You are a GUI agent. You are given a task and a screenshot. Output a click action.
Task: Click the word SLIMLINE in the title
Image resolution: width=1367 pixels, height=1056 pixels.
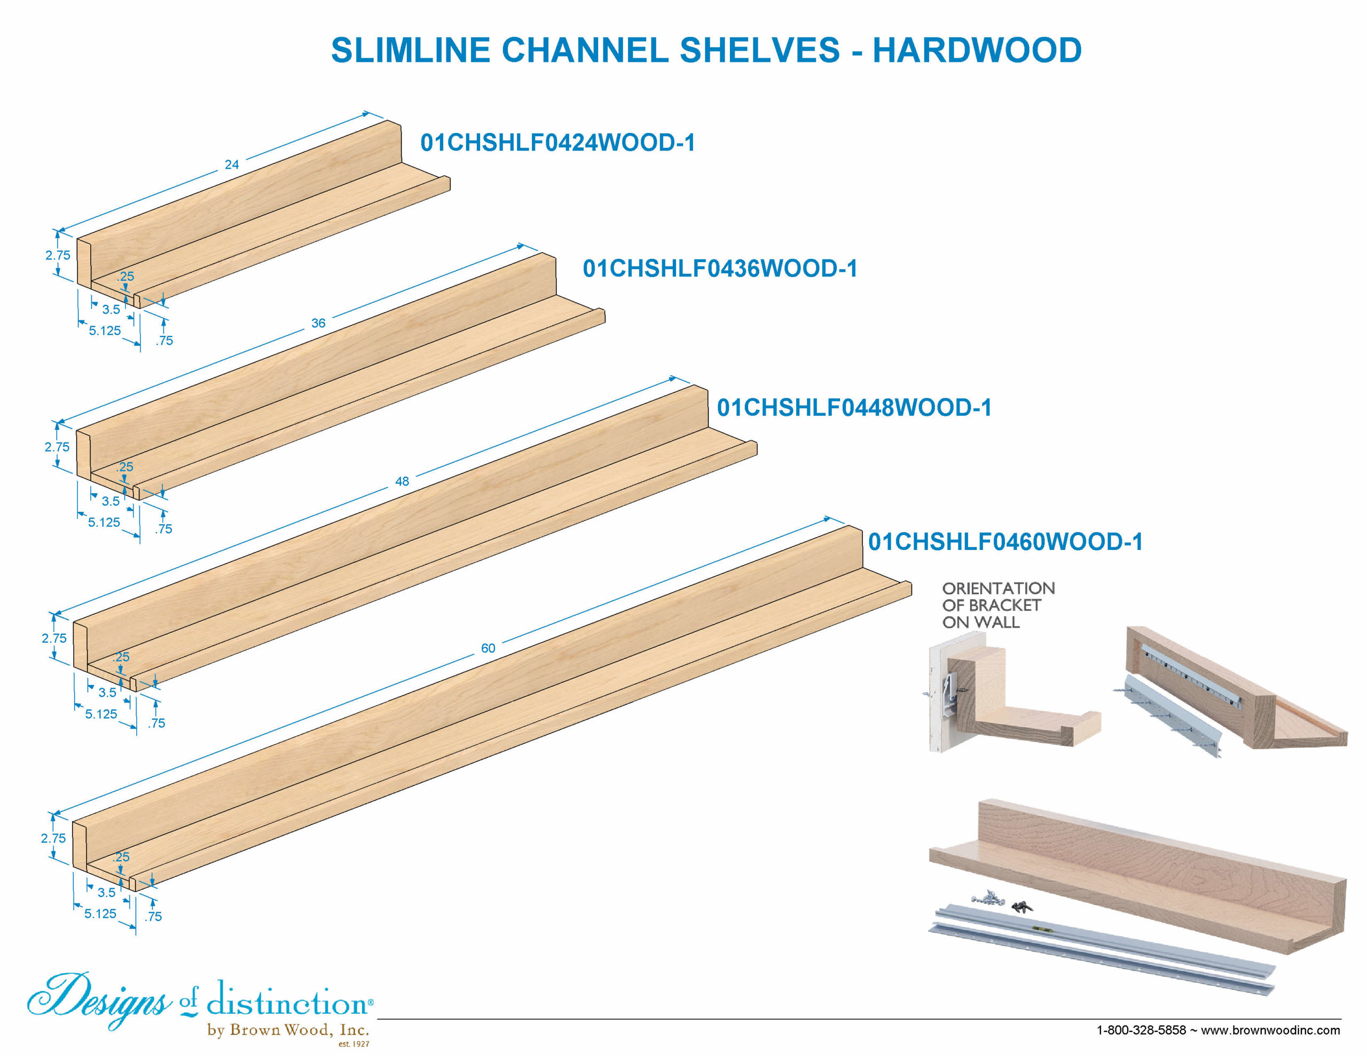pyautogui.click(x=411, y=50)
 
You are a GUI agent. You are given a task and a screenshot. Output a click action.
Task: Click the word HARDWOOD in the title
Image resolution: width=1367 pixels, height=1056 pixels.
pyautogui.click(x=977, y=50)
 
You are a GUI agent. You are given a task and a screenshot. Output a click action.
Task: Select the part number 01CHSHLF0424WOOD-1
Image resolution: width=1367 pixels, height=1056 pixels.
pyautogui.click(x=557, y=143)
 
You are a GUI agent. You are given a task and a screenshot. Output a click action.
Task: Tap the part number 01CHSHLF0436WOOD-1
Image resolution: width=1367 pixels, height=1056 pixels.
pyautogui.click(x=720, y=269)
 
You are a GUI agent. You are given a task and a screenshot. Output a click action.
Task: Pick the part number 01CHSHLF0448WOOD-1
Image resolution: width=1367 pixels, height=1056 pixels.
pyautogui.click(x=854, y=407)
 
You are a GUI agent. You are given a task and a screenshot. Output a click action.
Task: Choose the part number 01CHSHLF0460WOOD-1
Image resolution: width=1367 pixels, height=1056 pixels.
pyautogui.click(x=1005, y=541)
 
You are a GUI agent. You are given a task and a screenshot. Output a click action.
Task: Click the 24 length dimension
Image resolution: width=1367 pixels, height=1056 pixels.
pyautogui.click(x=232, y=164)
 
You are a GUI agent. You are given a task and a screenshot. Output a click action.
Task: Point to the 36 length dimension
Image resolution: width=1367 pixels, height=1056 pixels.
pyautogui.click(x=318, y=323)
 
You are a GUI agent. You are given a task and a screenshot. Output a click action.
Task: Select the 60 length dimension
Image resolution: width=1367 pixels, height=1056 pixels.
pyautogui.click(x=488, y=649)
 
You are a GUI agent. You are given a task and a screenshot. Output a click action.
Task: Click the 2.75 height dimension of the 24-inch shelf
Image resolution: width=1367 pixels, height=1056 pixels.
pyautogui.click(x=58, y=255)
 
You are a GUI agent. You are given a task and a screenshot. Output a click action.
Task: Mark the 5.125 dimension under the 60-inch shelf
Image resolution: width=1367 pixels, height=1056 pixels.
pyautogui.click(x=100, y=914)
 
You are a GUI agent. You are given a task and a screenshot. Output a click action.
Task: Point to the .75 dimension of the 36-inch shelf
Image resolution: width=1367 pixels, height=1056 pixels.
pyautogui.click(x=163, y=529)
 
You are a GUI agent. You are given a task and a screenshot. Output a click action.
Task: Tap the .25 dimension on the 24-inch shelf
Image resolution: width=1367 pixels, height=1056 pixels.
pyautogui.click(x=126, y=276)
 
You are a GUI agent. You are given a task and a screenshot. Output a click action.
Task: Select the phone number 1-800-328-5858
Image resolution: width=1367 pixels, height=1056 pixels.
pyautogui.click(x=1141, y=1030)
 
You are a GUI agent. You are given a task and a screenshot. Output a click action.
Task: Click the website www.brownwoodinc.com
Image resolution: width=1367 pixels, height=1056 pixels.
pyautogui.click(x=1270, y=1030)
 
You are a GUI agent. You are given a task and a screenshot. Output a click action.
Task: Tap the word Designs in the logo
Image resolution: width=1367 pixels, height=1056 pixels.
pyautogui.click(x=99, y=998)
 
